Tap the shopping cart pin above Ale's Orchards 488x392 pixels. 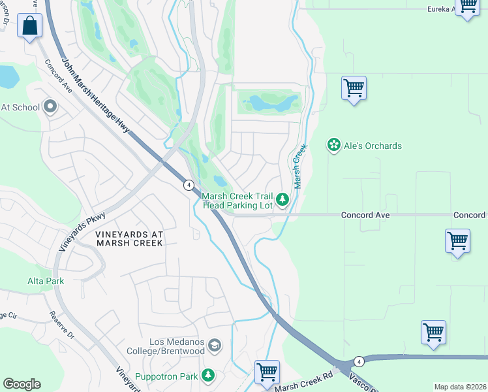354,88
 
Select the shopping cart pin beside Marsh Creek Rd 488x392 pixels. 267,372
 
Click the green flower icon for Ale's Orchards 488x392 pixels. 334,145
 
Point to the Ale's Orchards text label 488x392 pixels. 373,146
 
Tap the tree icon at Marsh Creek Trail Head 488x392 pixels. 282,200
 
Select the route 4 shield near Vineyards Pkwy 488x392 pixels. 187,185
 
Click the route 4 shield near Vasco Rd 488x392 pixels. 358,361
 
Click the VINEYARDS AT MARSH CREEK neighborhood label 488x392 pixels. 129,238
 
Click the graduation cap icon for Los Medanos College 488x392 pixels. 216,344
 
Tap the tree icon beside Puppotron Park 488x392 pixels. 207,376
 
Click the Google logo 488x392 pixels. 22,384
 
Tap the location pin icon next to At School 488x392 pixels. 50,107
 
